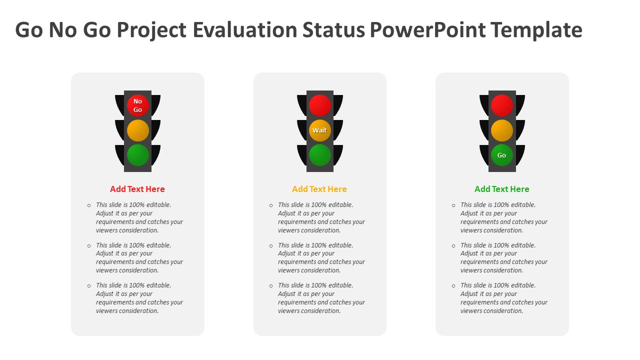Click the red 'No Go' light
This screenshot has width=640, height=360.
pos(137,105)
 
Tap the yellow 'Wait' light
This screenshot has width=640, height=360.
pos(319,130)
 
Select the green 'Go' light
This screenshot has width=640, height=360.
pos(501,155)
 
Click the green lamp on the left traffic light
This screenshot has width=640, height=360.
pos(137,155)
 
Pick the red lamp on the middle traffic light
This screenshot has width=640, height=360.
pos(319,105)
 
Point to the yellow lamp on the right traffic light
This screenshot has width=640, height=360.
pos(501,130)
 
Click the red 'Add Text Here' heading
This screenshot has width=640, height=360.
pos(137,189)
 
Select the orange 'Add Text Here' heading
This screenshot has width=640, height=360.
pos(319,189)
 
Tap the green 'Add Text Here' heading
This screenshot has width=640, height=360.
pos(501,189)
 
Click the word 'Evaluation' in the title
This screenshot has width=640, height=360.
pos(245,29)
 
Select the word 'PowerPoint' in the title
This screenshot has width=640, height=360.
pos(427,29)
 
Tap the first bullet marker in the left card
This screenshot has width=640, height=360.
pos(89,205)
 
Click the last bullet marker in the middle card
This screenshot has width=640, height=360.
pos(271,286)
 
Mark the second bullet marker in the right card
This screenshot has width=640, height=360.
pos(453,245)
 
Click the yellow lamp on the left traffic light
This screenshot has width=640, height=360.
pos(137,130)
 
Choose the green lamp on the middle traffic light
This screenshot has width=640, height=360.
pos(319,155)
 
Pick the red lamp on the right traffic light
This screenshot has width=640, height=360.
pos(501,105)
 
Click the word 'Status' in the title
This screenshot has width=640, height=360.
pos(333,29)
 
